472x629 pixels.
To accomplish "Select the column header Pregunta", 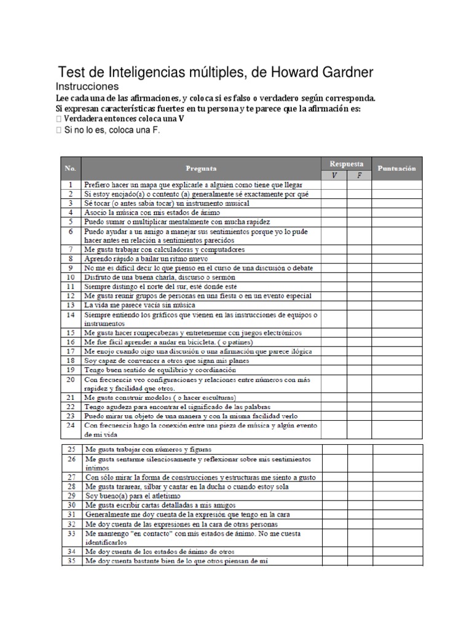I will click(201, 168).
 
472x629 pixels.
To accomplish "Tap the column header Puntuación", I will click(396, 168).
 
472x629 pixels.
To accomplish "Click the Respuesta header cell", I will click(346, 164).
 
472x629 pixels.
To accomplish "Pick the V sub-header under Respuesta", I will click(334, 174).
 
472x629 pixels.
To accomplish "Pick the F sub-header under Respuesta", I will click(360, 174).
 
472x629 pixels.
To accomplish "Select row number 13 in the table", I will click(71, 305).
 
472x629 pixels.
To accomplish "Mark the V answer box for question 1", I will click(334, 184).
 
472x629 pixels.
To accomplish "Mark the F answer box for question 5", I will click(360, 221).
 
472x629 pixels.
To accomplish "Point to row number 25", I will click(71, 449).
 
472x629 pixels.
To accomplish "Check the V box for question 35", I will click(334, 561).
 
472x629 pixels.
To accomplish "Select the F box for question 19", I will click(360, 370).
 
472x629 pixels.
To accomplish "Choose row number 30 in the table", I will click(71, 504).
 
